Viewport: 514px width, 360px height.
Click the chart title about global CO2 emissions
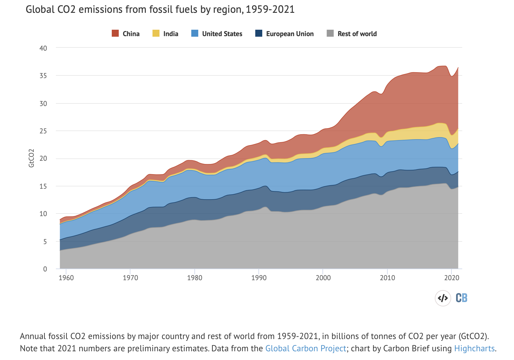point(160,10)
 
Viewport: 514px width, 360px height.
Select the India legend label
point(171,34)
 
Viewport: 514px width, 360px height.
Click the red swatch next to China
point(115,33)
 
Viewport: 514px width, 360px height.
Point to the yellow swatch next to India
point(156,33)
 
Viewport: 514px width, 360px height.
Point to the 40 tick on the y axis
point(43,48)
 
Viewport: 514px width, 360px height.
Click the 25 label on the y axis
point(43,131)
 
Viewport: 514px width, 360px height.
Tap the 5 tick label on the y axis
point(45,241)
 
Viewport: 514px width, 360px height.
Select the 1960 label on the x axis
point(66,278)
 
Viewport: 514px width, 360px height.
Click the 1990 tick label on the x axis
point(259,278)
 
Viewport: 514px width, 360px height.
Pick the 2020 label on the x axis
point(451,278)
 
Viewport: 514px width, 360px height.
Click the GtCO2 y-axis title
point(31,158)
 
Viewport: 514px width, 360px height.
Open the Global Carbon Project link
point(306,348)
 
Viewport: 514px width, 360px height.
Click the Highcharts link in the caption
point(474,348)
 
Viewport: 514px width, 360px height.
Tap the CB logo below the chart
point(461,298)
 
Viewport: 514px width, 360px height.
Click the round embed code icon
point(443,298)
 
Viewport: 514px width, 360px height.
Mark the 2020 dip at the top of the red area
point(451,76)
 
